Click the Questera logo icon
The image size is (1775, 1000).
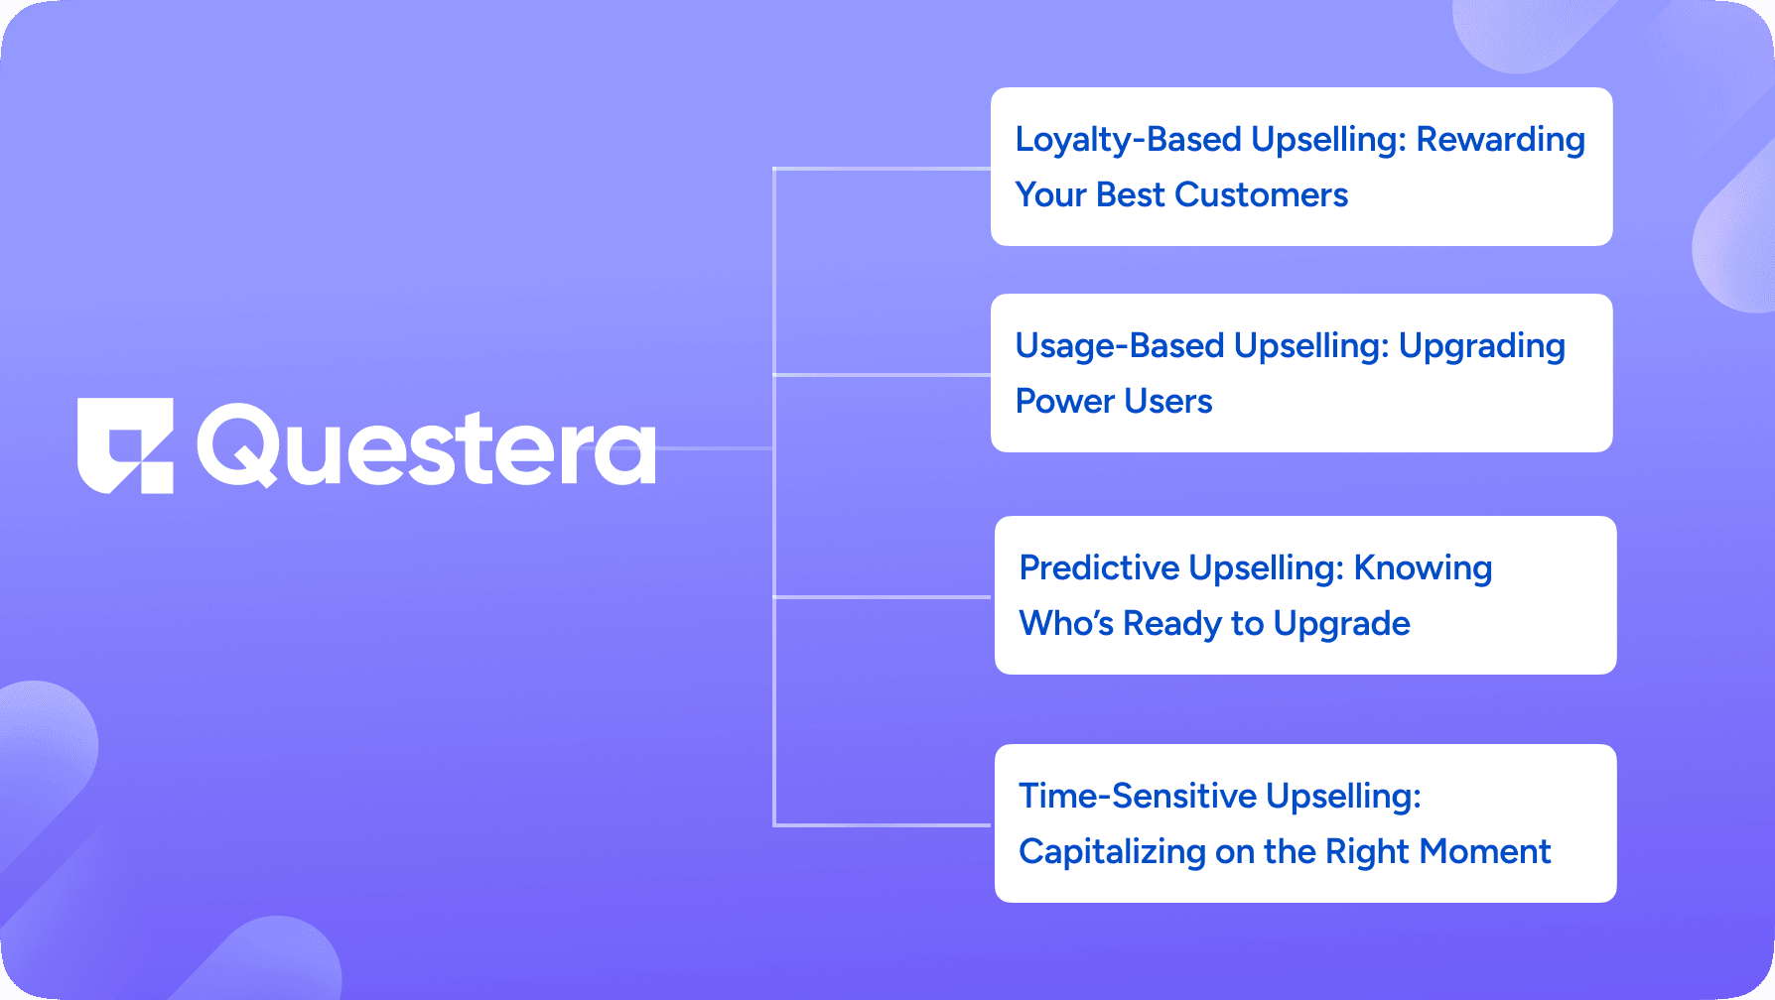click(x=125, y=445)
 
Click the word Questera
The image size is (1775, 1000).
click(x=427, y=446)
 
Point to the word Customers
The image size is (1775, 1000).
click(x=1261, y=194)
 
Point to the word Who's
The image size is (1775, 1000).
click(x=1067, y=623)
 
